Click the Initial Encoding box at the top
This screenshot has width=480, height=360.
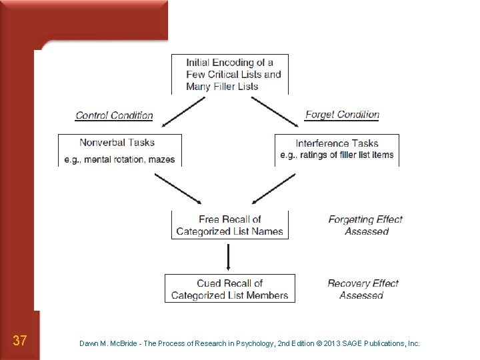point(230,74)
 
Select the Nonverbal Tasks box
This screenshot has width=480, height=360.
point(120,150)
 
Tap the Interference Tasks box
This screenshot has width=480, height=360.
point(337,150)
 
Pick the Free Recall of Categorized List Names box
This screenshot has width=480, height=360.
point(229,225)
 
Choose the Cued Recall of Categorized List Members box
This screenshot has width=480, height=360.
point(229,289)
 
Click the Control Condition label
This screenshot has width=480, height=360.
point(114,115)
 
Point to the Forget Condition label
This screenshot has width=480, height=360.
point(342,115)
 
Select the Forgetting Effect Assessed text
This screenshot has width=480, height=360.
point(365,225)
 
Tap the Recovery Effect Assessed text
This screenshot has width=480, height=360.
point(363,289)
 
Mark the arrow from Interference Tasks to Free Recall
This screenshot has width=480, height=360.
point(274,188)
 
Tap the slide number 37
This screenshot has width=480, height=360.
point(20,341)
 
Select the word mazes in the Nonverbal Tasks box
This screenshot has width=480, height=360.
point(162,159)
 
